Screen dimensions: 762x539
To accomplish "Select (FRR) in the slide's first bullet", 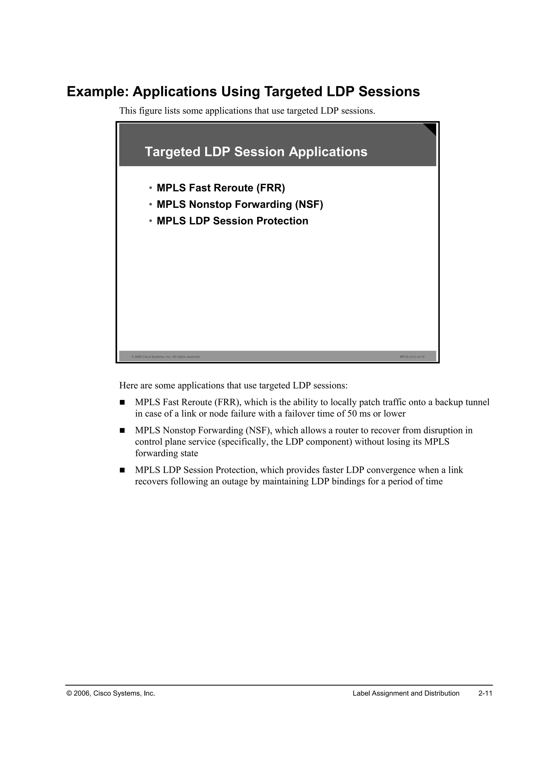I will click(271, 188).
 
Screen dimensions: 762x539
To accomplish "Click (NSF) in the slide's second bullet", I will click(309, 204).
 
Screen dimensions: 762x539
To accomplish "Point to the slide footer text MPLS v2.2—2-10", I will click(412, 357).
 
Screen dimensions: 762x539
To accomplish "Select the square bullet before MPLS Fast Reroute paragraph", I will click(122, 403).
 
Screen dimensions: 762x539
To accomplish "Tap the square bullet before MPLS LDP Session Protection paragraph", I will click(122, 470).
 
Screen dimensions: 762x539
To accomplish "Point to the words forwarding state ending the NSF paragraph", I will click(166, 453).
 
